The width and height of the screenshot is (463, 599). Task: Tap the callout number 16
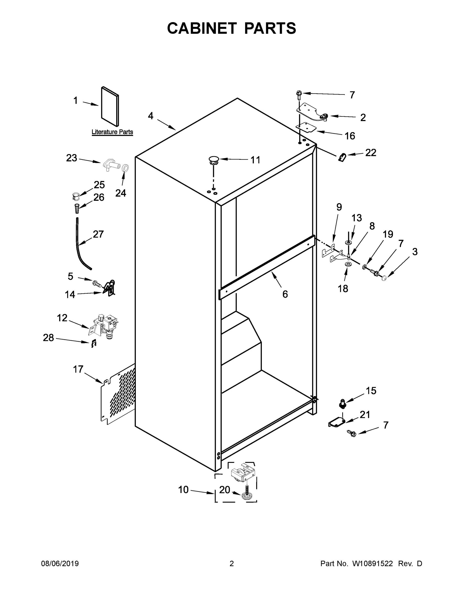pos(350,136)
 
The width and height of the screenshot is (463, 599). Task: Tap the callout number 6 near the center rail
pos(285,294)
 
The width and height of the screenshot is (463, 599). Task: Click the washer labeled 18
pos(347,264)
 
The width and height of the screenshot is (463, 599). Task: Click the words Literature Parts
pos(112,132)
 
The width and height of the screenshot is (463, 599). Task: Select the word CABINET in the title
pos(202,28)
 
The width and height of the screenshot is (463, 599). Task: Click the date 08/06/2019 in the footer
pos(60,564)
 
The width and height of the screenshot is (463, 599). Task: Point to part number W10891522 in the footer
pos(372,564)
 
